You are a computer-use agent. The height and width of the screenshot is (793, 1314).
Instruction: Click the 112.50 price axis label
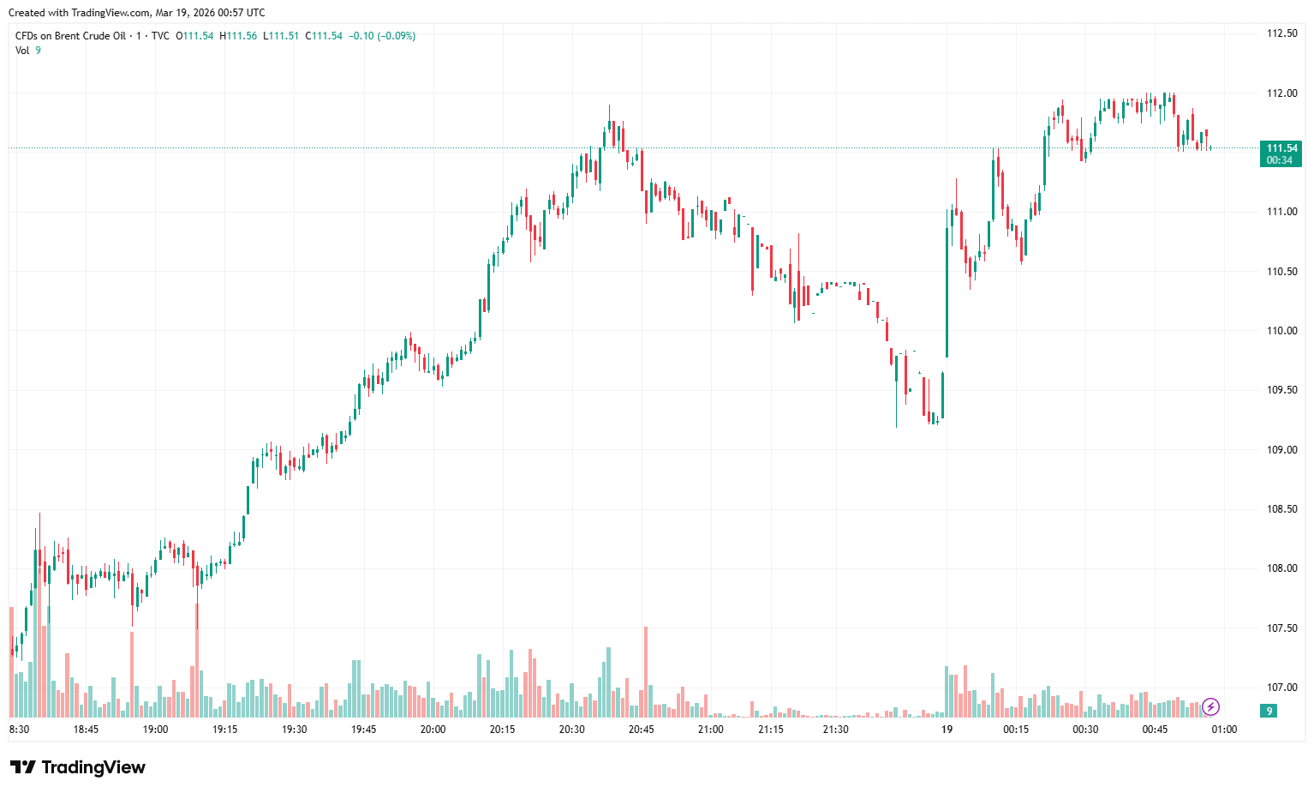(x=1281, y=33)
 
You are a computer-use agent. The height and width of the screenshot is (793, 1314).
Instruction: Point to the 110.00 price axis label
(x=1281, y=331)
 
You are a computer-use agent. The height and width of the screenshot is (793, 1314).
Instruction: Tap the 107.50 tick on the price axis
(x=1281, y=628)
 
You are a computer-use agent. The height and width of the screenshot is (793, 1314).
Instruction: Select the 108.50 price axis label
(x=1281, y=509)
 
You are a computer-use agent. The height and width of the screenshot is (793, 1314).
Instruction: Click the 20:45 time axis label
(x=641, y=730)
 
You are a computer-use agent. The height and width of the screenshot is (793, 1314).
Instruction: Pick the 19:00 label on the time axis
(x=155, y=730)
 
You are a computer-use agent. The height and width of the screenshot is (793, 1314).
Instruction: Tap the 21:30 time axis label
(x=835, y=730)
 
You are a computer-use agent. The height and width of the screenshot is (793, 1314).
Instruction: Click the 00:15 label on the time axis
(x=1016, y=730)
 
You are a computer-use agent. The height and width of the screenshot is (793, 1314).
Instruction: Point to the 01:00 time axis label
(x=1224, y=730)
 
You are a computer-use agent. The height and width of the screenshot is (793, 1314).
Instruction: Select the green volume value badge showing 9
(x=1269, y=711)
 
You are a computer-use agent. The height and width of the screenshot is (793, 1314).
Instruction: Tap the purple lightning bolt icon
(x=1210, y=706)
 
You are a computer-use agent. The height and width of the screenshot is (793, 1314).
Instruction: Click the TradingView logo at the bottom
(x=77, y=767)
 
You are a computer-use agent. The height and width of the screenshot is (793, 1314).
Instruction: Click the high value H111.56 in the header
(x=238, y=36)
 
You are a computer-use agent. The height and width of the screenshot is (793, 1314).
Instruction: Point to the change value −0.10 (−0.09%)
(x=382, y=36)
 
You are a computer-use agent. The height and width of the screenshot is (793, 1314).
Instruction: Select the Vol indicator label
(x=22, y=51)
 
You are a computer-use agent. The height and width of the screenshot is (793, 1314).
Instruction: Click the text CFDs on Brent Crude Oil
(x=70, y=36)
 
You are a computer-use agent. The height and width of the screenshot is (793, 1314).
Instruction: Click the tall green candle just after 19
(x=947, y=291)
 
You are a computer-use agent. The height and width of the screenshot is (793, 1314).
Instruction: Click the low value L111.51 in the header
(x=281, y=36)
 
